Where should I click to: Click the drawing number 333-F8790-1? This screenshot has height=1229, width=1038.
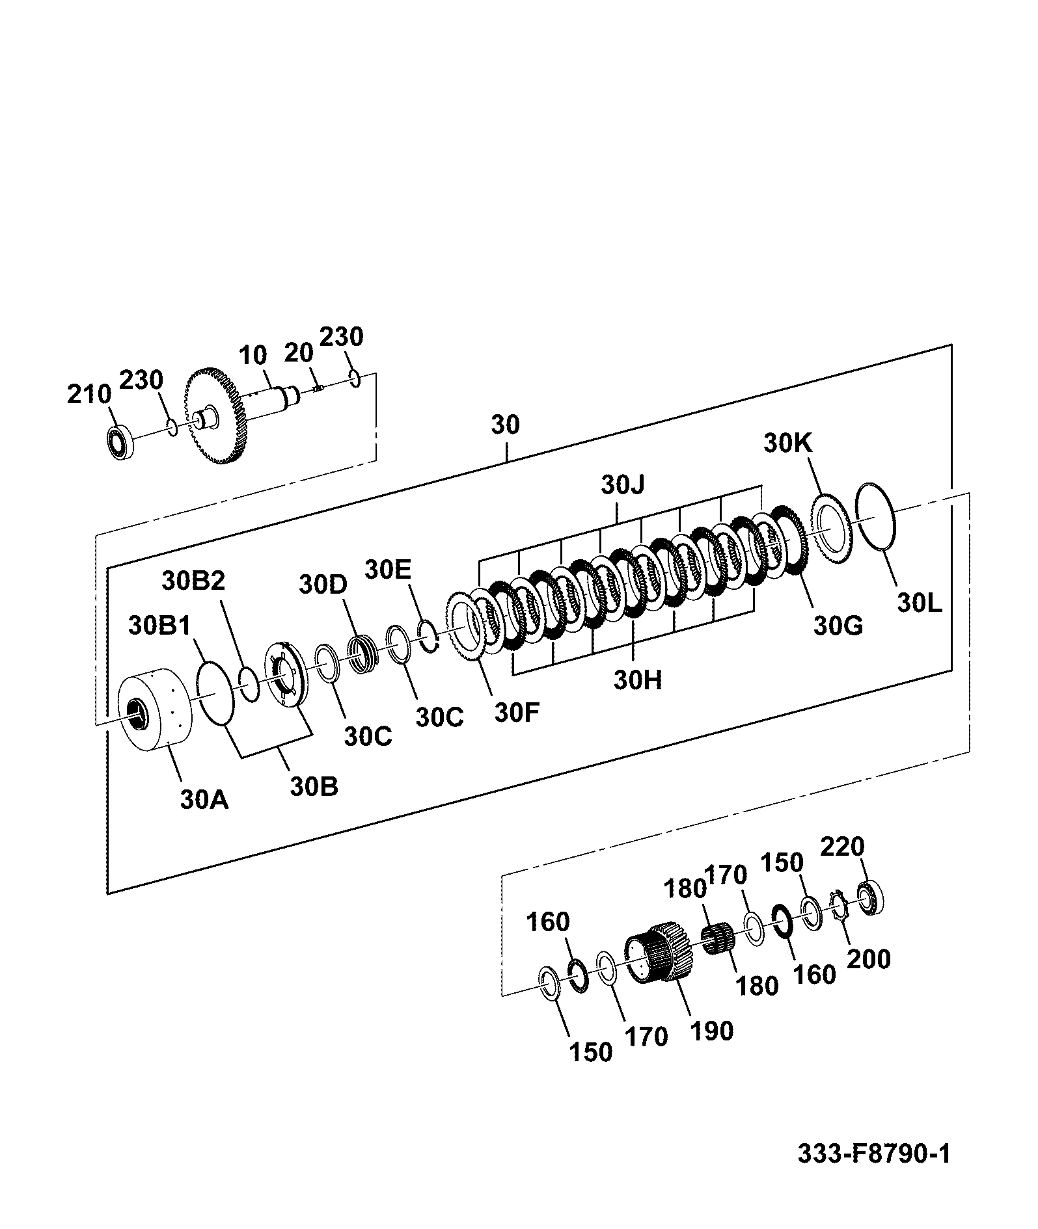click(x=874, y=1154)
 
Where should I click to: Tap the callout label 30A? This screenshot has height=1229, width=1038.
click(x=204, y=799)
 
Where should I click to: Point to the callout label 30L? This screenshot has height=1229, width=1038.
click(x=919, y=603)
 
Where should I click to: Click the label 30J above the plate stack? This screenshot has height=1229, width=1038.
click(x=623, y=484)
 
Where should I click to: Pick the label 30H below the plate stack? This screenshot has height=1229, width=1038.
click(x=637, y=680)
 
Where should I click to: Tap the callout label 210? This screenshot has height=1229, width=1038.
click(x=89, y=395)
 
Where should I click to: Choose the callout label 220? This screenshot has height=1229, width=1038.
click(x=842, y=847)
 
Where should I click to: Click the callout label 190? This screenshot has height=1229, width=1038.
click(x=711, y=1031)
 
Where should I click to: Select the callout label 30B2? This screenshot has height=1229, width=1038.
click(x=193, y=580)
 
